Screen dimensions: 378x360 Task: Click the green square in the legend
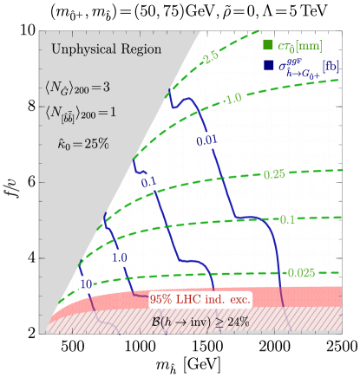click(268, 45)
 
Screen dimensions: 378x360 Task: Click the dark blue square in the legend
click(268, 65)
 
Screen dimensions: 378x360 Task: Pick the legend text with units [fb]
click(311, 67)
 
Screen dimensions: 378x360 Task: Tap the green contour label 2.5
click(209, 57)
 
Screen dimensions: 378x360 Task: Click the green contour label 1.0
click(232, 99)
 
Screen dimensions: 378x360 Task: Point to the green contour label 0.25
click(274, 174)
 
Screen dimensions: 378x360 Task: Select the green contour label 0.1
click(287, 219)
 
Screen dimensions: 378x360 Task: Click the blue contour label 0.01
click(206, 140)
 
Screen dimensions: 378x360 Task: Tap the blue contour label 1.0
click(120, 257)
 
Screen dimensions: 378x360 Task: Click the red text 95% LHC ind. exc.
click(200, 299)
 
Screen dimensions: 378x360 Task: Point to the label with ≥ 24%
click(200, 322)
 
